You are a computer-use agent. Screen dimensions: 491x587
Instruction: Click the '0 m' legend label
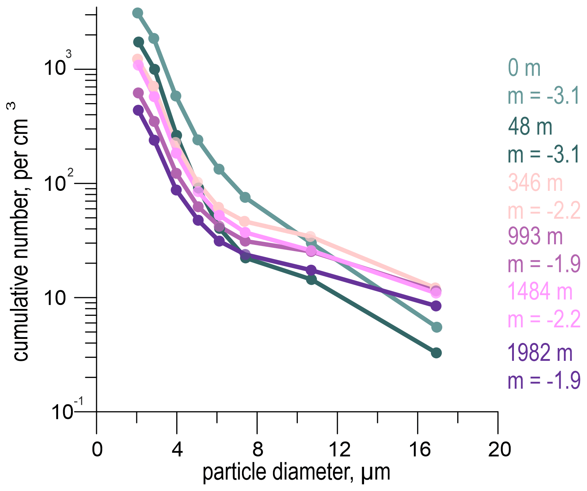pos(524,68)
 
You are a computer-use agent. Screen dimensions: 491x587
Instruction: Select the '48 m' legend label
pos(530,126)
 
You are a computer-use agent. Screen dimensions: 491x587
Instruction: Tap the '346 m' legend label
pos(535,182)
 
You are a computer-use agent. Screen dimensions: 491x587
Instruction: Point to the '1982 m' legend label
pos(540,353)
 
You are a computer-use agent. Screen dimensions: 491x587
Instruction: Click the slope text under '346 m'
pos(544,211)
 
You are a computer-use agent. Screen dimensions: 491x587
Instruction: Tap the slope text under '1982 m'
pos(544,381)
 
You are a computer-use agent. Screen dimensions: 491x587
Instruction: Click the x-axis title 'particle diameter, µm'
pos(296,473)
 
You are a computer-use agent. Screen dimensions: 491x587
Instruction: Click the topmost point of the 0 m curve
pos(137,13)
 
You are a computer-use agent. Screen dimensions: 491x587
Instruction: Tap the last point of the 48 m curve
pos(436,353)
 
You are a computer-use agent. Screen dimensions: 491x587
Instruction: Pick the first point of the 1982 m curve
pos(138,110)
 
